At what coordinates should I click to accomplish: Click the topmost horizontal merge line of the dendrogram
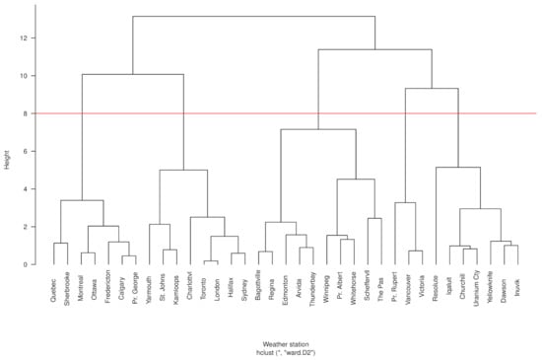tap(254, 16)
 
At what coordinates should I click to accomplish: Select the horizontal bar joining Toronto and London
tap(211, 261)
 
